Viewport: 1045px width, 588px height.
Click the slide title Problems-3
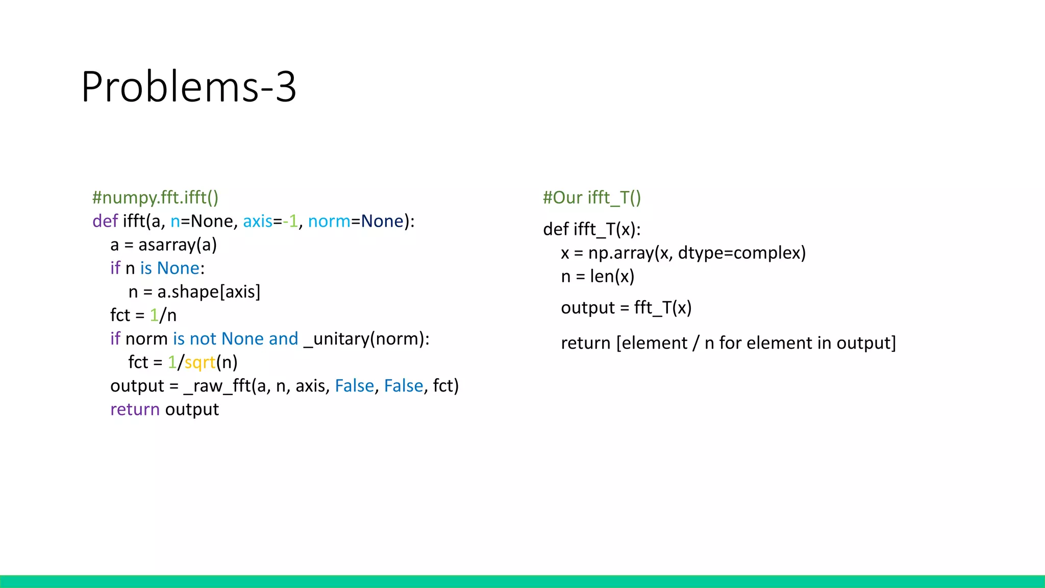pos(188,87)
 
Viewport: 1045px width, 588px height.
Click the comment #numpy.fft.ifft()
pos(155,198)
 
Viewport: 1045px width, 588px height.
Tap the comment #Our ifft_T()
pos(592,198)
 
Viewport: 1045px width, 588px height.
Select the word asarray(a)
pos(178,245)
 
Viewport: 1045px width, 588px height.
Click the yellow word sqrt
pos(200,362)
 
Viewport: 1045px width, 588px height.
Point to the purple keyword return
pos(135,409)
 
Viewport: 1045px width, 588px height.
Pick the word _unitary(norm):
pos(366,339)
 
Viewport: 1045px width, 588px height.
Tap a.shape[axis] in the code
pos(209,292)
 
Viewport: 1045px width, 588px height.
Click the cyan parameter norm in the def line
pos(329,222)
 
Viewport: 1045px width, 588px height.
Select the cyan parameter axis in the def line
pos(258,222)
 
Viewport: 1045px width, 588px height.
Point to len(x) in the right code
pos(612,277)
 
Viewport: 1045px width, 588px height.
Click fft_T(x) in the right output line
pos(663,308)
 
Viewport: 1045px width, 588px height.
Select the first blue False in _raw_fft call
pos(354,386)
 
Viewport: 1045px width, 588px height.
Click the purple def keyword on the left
pos(105,222)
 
